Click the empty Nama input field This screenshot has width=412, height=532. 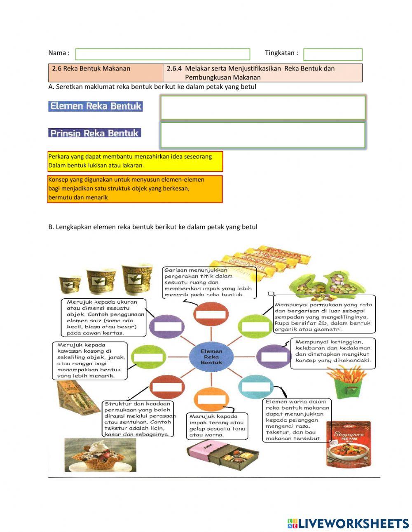[x=163, y=54]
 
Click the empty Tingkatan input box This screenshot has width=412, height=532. [x=332, y=54]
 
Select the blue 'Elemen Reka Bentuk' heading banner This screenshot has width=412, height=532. [x=95, y=106]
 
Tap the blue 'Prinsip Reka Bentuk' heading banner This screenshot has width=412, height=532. [x=94, y=133]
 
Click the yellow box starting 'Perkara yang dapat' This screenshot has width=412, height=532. [x=135, y=161]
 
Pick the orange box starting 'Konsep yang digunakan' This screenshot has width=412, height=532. [x=135, y=189]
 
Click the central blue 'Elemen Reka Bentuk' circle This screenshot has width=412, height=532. [x=211, y=356]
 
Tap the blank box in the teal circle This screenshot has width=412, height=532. [x=256, y=387]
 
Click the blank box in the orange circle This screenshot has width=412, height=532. [x=212, y=399]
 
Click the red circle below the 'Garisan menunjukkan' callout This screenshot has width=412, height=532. [x=211, y=314]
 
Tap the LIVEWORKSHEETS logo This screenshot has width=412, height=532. [x=348, y=523]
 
